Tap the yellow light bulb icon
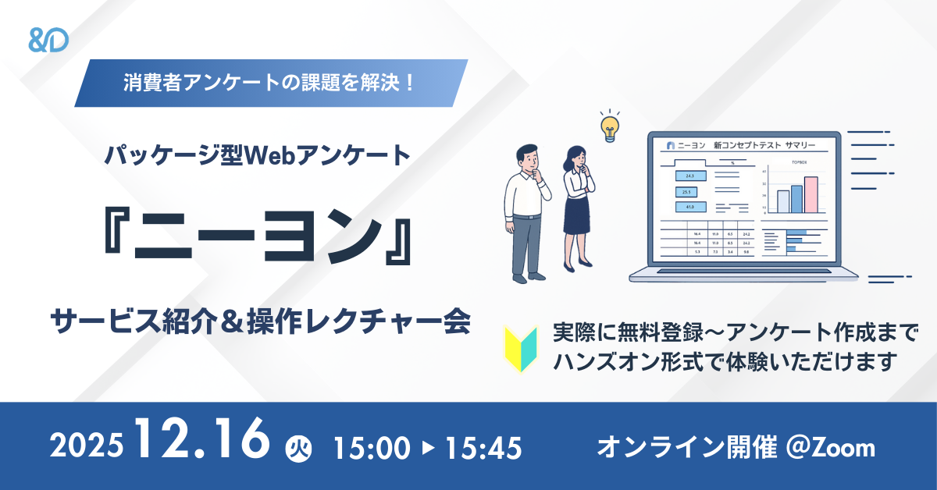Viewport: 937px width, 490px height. coord(609,126)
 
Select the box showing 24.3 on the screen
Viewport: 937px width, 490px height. coord(690,176)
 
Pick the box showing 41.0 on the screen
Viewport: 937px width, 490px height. coord(690,207)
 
